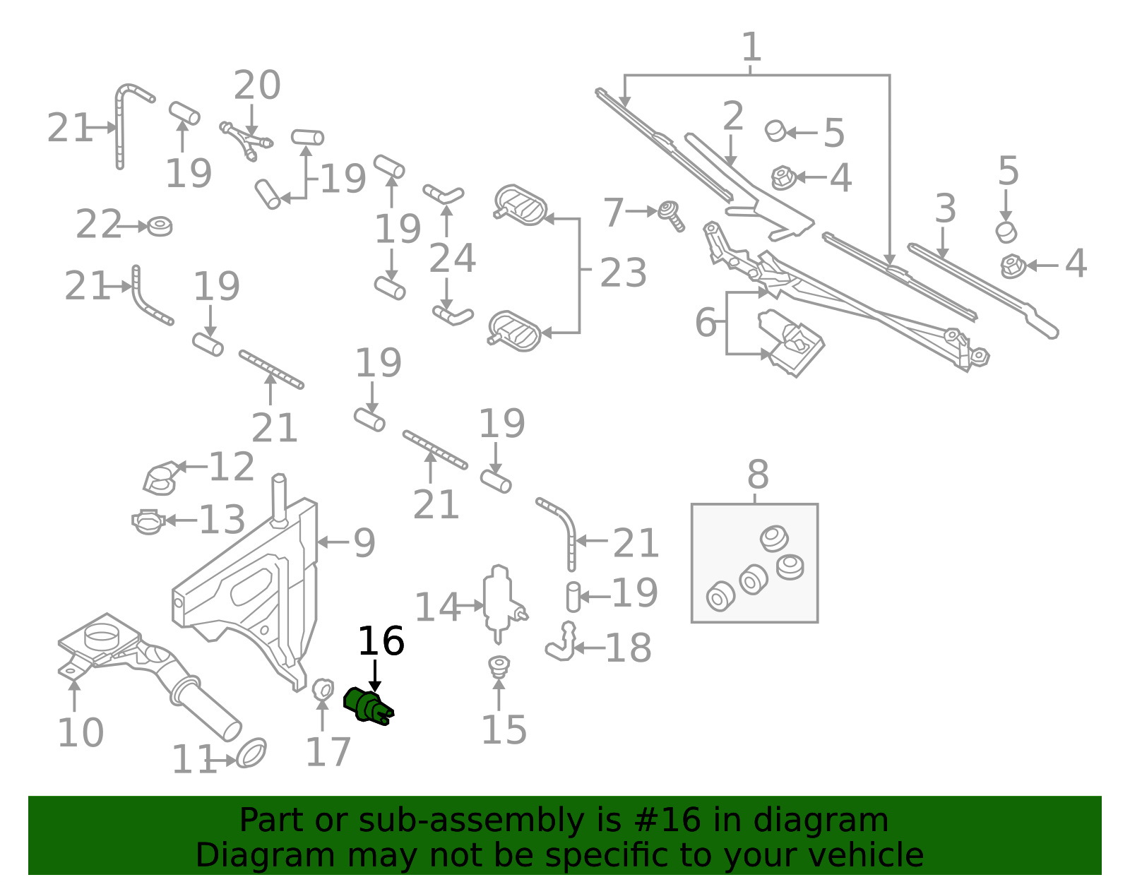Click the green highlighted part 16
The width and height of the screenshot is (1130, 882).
(x=368, y=706)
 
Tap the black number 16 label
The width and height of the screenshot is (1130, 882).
(x=381, y=642)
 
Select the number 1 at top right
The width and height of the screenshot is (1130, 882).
(x=751, y=48)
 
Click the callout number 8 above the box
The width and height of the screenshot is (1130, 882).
(x=757, y=475)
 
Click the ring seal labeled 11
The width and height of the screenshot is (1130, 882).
(x=251, y=753)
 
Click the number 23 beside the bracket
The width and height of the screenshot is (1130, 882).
(x=623, y=273)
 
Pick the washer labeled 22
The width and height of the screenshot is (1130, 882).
(x=160, y=226)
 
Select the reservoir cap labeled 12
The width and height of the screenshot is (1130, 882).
(x=160, y=478)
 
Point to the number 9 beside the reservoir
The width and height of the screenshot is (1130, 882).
(x=364, y=543)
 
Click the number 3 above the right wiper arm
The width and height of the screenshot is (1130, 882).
(x=945, y=209)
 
